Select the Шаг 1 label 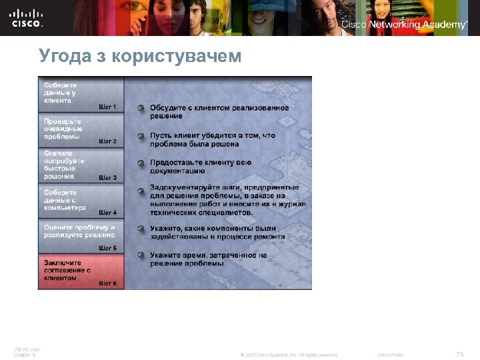coord(107,107)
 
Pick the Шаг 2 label coord(107,141)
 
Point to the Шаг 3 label coord(107,178)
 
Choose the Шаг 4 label coord(107,213)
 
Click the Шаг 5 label coord(107,248)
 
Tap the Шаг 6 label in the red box coord(107,283)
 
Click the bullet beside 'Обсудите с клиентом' coord(141,108)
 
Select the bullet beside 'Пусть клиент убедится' coord(141,136)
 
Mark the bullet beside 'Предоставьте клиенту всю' coord(141,163)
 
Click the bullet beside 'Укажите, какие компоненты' coord(141,229)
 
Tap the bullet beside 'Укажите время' coord(141,255)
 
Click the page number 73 coord(459,354)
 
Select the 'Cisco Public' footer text coord(391,355)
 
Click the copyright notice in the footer coord(289,355)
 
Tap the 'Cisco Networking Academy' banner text coord(404,25)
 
